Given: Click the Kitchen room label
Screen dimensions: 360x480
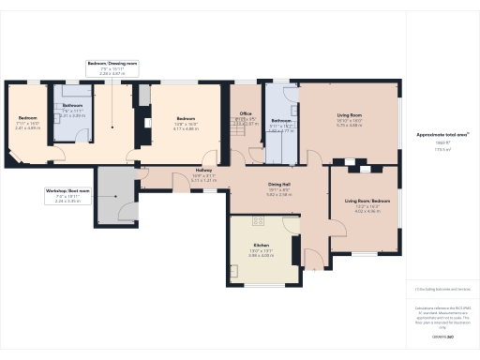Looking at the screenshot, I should point(260,244).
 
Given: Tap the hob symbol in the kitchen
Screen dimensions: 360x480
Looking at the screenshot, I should point(259,221).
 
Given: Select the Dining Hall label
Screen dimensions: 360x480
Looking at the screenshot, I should point(278,186).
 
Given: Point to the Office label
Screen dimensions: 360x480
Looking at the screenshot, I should point(246,113).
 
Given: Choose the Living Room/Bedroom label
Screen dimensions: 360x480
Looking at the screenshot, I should point(367,201).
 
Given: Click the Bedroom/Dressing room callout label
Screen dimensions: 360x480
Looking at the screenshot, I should point(112,63).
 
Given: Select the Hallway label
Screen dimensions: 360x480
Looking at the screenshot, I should point(203,169).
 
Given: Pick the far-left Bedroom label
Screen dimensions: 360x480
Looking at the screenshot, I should point(27,117).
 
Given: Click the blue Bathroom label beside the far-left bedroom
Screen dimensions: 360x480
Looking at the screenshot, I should point(73,106).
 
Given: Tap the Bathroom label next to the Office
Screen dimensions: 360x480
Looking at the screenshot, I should point(281,121).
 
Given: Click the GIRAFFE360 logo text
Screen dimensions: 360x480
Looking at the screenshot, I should point(432,334).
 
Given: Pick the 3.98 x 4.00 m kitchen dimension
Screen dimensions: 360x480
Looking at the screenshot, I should point(260,255).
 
